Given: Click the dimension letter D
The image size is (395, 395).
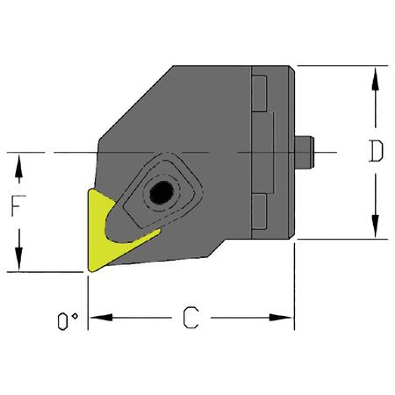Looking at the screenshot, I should pos(376,152).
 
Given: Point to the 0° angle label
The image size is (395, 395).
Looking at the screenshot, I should pos(64,324).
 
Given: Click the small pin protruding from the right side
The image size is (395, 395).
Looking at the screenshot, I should pos(306,153).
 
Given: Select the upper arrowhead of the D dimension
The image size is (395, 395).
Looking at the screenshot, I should pos(376,75).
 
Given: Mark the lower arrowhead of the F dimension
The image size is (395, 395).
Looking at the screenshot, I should pos(17,262).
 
